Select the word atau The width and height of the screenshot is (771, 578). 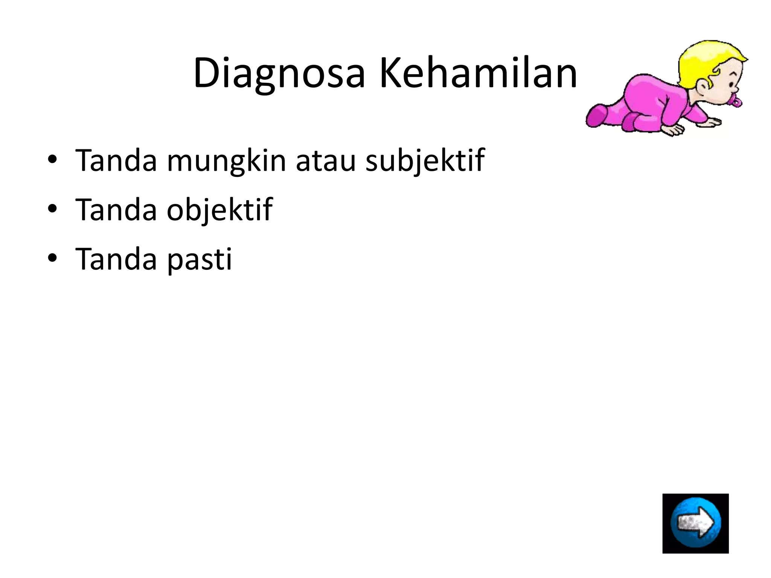[x=326, y=161]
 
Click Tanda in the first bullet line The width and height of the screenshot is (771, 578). [x=116, y=161]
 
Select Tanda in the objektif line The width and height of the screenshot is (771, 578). [x=116, y=210]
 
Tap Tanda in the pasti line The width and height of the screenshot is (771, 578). [x=116, y=259]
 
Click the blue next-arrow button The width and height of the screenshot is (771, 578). [x=695, y=523]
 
